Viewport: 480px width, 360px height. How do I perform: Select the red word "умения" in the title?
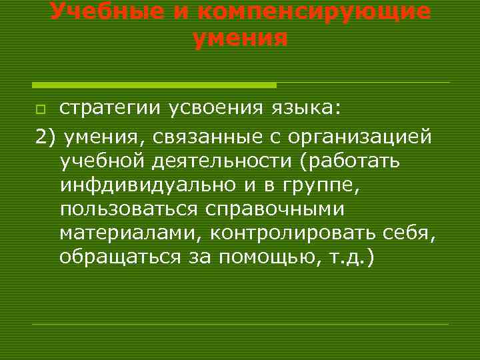point(240,39)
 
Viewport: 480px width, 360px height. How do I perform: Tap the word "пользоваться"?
point(128,210)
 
